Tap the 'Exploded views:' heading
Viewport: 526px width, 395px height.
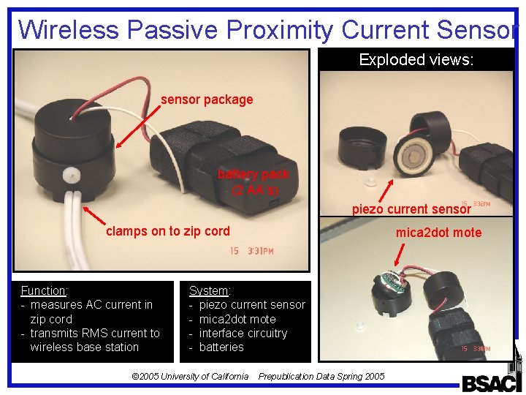coord(416,60)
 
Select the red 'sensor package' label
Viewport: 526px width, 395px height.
coord(207,99)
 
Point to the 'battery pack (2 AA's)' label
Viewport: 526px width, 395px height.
coord(253,182)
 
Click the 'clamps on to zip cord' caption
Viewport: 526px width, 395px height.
coord(167,231)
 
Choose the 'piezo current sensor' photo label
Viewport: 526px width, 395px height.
coord(411,210)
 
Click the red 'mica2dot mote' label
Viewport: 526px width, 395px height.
coord(438,233)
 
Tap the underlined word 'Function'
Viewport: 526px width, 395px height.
coord(44,291)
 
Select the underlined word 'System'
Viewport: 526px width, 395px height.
coord(208,291)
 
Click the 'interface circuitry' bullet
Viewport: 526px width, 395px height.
coord(243,333)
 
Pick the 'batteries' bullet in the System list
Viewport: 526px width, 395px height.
coord(221,347)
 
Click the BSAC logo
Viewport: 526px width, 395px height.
coord(491,382)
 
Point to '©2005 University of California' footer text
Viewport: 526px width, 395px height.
coord(189,376)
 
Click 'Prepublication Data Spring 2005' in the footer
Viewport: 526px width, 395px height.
coord(321,376)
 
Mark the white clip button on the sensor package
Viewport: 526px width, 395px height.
coord(71,176)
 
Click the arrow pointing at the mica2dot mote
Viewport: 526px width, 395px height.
coord(398,253)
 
